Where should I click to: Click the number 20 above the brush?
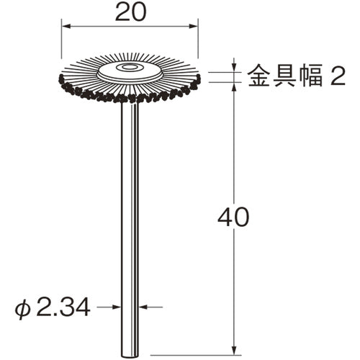130,12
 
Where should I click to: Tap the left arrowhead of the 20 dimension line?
65,27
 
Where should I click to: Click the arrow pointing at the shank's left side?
117,307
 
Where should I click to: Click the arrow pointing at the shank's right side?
144,307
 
